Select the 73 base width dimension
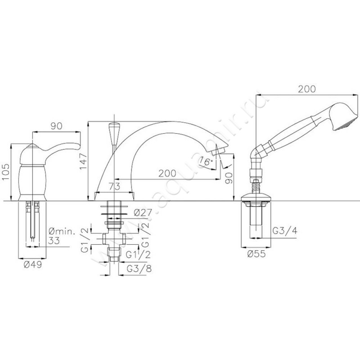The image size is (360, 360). tap(114, 186)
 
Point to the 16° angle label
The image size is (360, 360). tap(206, 161)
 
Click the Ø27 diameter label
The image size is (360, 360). tap(142, 213)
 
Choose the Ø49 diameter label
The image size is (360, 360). tap(32, 265)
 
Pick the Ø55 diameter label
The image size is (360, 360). tap(256, 254)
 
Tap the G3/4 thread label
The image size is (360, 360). tap(285, 230)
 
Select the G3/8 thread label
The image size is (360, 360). tap(139, 269)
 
